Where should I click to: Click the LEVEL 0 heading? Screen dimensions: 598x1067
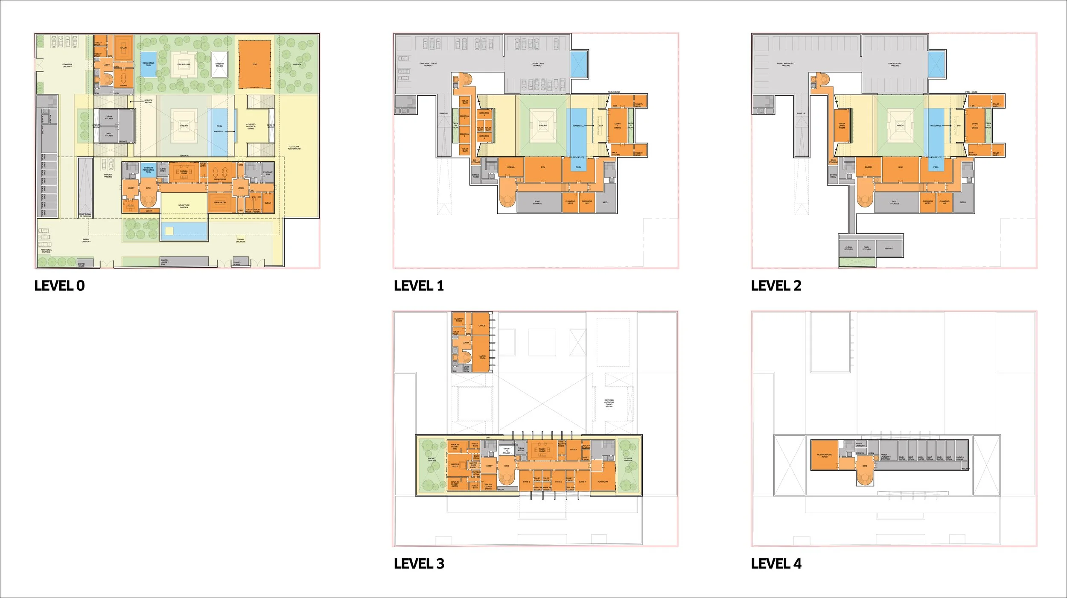tap(59, 286)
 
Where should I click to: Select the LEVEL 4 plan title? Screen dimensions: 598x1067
tap(776, 563)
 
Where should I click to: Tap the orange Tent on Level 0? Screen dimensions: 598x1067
tap(255, 64)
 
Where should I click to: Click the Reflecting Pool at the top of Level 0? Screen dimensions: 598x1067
tap(148, 64)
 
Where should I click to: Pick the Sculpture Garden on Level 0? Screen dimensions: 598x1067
tap(184, 206)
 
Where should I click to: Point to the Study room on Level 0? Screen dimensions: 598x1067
tap(131, 206)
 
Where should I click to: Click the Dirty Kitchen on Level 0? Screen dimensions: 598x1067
tap(108, 134)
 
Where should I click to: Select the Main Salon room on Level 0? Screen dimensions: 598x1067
tap(220, 203)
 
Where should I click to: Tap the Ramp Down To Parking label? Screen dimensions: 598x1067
tap(85, 215)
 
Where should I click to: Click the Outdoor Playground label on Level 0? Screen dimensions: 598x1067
tap(294, 148)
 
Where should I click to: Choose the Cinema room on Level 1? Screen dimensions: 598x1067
tap(510, 167)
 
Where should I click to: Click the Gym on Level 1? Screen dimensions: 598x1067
tap(542, 167)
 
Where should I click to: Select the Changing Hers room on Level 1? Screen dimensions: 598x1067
tap(570, 202)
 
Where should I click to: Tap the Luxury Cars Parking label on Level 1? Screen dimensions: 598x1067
tap(537, 64)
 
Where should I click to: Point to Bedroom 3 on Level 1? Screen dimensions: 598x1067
tap(464, 135)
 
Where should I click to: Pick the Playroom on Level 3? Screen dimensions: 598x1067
tap(603, 481)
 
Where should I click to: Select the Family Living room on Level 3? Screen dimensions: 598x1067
tap(542, 450)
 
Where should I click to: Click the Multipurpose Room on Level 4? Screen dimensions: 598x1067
tap(824, 455)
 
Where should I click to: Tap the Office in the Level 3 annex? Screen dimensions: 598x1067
tap(482, 326)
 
